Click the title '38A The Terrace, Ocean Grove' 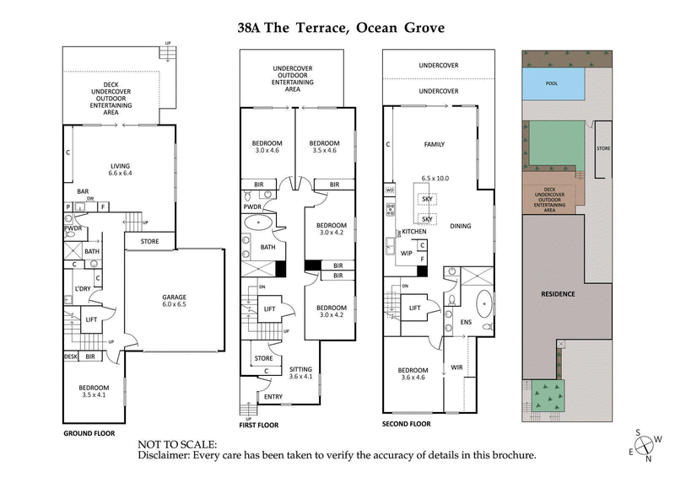[x=340, y=28]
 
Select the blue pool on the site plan [x=553, y=84]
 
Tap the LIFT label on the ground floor [x=92, y=319]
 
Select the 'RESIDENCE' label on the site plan [x=558, y=294]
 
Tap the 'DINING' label [x=460, y=226]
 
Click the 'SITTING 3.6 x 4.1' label [x=301, y=373]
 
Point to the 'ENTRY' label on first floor [x=273, y=396]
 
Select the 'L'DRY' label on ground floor [x=82, y=289]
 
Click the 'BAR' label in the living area [x=84, y=191]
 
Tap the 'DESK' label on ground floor [x=71, y=357]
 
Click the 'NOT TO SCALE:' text [x=177, y=443]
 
